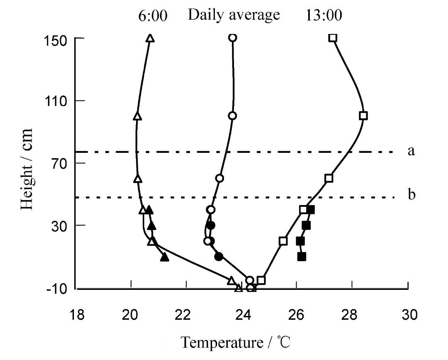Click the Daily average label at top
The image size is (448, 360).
tap(234, 15)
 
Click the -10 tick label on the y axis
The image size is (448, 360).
tap(56, 289)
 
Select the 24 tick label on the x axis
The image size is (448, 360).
tap(242, 315)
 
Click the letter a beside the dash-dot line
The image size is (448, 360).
tap(411, 151)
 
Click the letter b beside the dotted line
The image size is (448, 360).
tap(411, 195)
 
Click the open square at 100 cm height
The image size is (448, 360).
tap(363, 116)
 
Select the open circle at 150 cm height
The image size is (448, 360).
tap(232, 38)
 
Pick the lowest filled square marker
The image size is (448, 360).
tap(302, 256)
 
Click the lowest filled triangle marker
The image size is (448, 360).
tap(165, 257)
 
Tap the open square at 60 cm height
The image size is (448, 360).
tap(329, 178)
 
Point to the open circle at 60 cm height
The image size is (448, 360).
tap(220, 178)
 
